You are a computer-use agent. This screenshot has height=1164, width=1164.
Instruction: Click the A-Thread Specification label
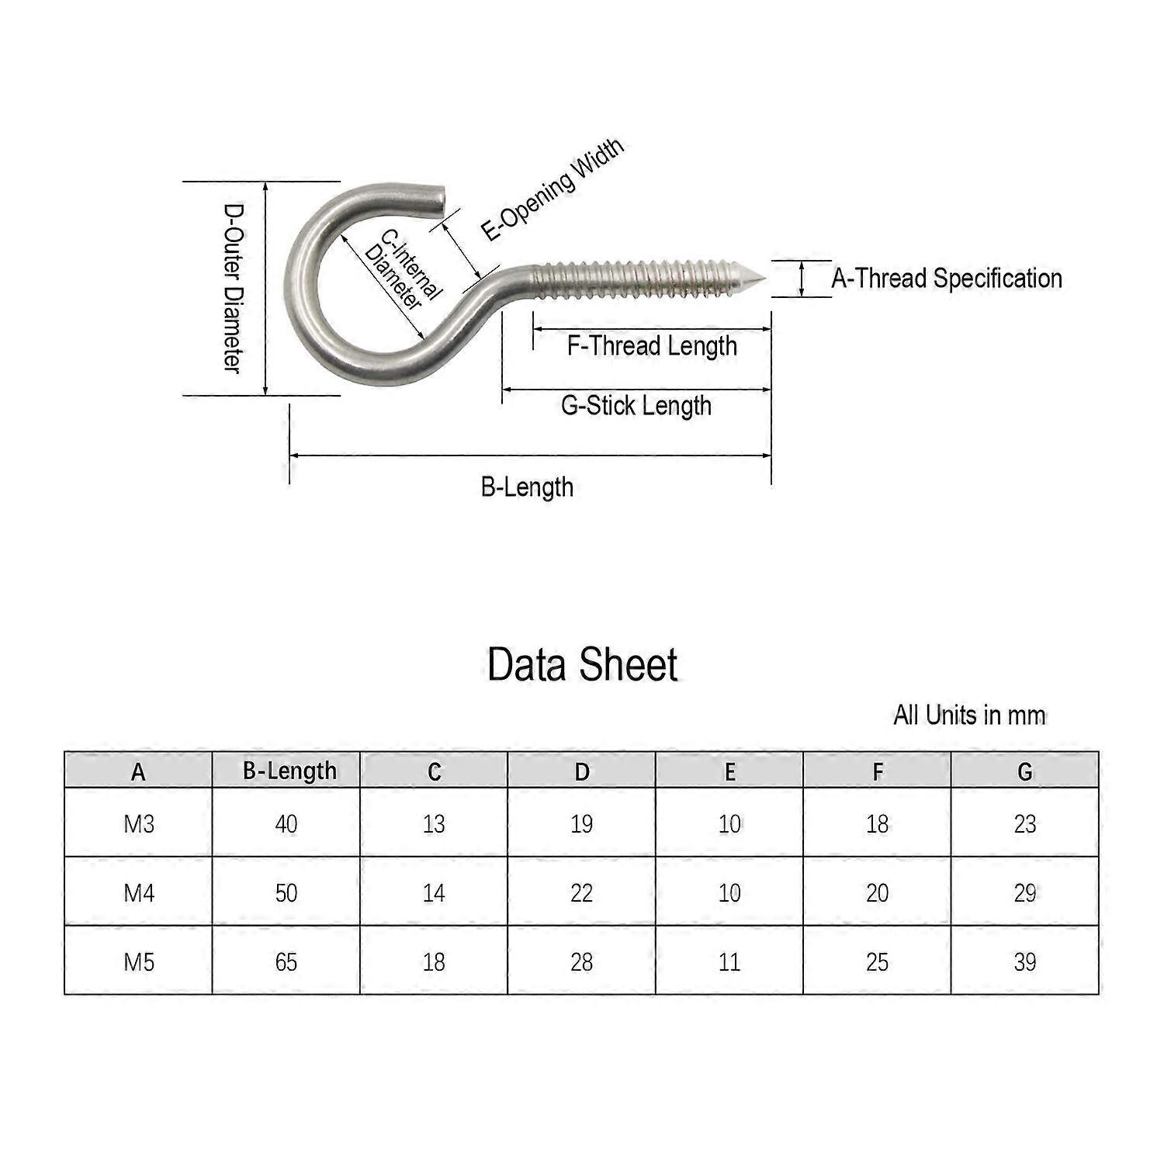(x=946, y=279)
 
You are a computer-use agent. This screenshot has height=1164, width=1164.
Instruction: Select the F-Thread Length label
(x=652, y=346)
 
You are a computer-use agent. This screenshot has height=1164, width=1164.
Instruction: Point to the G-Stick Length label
(x=636, y=406)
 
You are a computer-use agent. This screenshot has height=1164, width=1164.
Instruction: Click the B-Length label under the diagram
(x=527, y=487)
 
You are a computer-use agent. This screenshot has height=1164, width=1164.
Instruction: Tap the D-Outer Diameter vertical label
(x=233, y=288)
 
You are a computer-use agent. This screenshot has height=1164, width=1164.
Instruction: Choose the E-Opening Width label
(x=552, y=189)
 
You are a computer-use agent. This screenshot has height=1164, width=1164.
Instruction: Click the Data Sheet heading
(x=582, y=665)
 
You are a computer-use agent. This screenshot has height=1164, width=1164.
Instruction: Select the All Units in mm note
(x=969, y=715)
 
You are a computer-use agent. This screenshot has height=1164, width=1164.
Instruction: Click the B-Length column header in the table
(x=289, y=771)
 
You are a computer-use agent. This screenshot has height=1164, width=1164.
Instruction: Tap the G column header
(x=1024, y=771)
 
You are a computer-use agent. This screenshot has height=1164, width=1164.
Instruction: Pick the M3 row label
(x=139, y=823)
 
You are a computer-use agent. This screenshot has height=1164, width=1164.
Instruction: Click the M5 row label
(x=139, y=962)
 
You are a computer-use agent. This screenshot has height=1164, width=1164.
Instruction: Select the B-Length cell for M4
(x=286, y=893)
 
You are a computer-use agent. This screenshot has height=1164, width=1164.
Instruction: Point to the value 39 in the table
(x=1024, y=962)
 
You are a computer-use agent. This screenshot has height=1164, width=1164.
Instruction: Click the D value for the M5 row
(x=581, y=962)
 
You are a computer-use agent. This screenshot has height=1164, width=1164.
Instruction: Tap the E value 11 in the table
(x=729, y=962)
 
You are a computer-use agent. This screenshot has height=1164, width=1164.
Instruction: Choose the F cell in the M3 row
(x=877, y=823)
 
